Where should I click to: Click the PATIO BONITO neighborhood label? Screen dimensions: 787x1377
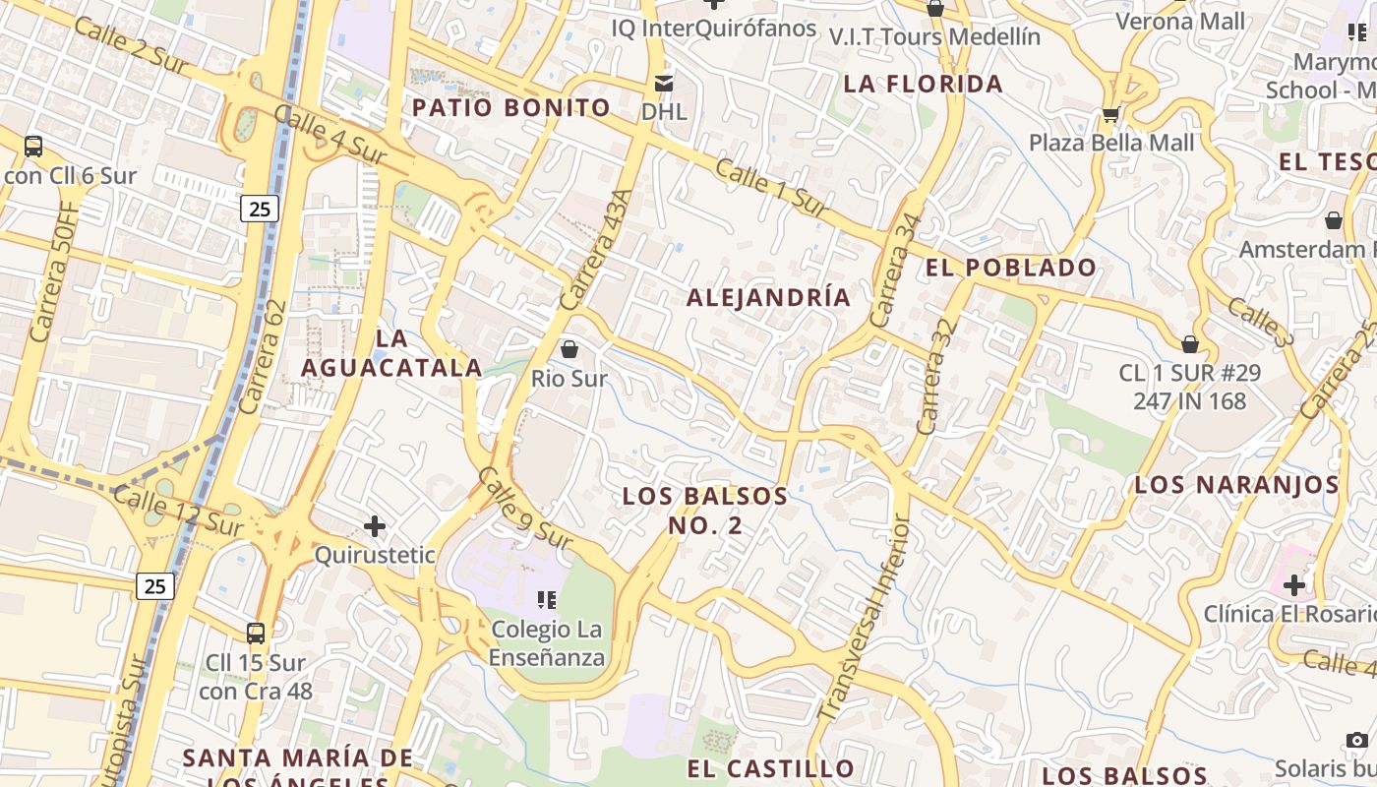point(511,107)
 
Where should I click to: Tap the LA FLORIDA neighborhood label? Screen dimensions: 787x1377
point(924,84)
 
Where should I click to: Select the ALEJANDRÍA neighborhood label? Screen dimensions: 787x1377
point(768,297)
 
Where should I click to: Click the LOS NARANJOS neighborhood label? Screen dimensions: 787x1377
point(1236,485)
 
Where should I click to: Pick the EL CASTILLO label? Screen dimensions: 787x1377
point(770,768)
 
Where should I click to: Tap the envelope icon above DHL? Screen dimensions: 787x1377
point(665,83)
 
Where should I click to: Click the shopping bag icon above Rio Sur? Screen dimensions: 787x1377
point(569,349)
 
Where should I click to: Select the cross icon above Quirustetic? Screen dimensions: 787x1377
point(375,526)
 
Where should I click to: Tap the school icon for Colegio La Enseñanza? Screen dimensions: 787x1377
point(547,599)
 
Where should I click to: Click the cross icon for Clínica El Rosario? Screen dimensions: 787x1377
point(1294,585)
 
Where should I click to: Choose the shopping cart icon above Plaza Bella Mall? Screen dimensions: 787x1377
point(1111,114)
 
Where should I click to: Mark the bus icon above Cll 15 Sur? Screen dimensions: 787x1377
point(256,634)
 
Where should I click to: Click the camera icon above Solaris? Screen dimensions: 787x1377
point(1357,740)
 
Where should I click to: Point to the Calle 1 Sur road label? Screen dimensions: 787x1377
point(772,188)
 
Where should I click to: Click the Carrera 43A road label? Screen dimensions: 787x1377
point(594,249)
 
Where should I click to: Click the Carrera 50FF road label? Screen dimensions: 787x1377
point(54,272)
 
